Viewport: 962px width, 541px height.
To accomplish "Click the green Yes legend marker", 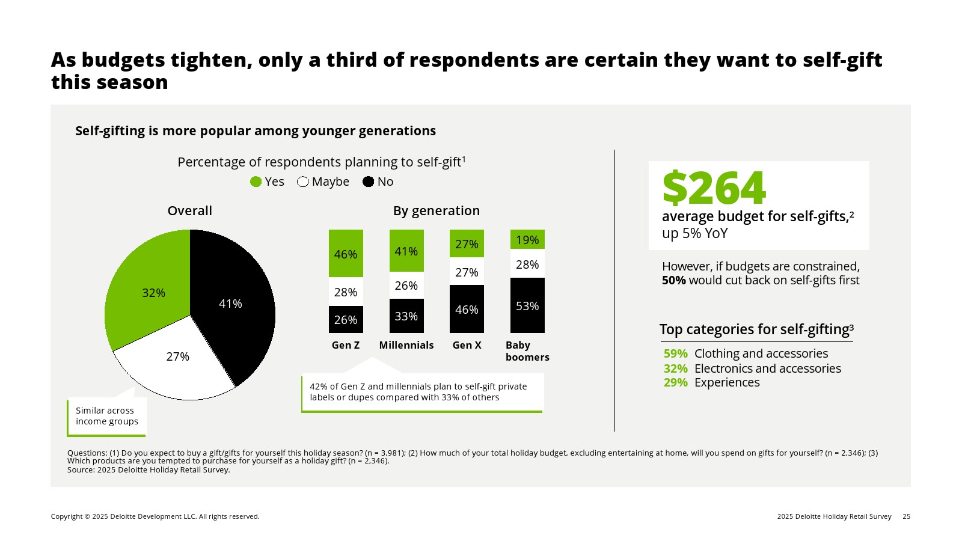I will point(256,182).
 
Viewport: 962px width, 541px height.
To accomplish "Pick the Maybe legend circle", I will point(303,182).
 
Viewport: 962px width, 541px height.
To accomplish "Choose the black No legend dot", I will point(369,182).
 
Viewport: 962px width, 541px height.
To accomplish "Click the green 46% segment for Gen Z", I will point(346,254).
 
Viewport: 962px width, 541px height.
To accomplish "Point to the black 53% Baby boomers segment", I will point(527,305).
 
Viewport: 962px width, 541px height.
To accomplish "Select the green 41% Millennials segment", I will point(406,251).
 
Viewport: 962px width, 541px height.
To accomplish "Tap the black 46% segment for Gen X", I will point(467,309).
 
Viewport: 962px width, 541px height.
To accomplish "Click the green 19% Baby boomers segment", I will point(527,239).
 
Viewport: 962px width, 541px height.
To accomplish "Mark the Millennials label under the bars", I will point(406,345).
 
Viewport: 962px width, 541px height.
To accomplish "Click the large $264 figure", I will point(714,188).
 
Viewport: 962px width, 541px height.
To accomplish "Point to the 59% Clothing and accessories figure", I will point(675,353).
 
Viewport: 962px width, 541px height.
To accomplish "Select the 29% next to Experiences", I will point(675,383).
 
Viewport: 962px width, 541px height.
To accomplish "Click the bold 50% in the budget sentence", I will point(673,281).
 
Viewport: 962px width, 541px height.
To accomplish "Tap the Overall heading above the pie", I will point(189,210).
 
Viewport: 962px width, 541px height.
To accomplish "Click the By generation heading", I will point(437,210).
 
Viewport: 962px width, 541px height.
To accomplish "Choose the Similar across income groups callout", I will point(107,416).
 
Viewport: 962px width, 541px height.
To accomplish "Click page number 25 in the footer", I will point(907,516).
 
